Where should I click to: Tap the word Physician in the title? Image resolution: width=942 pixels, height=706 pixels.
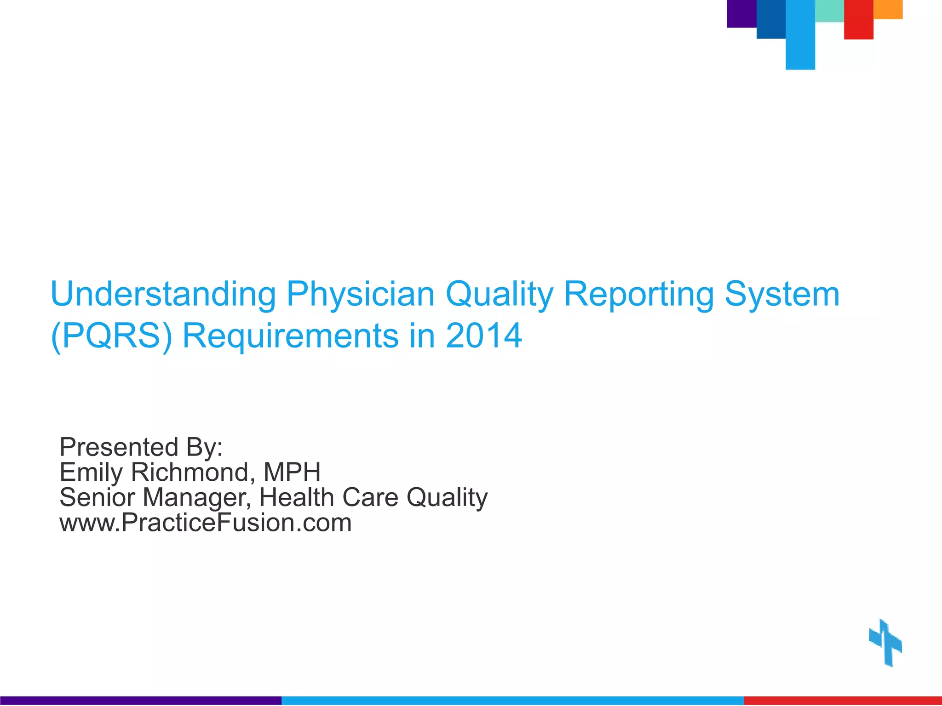coord(360,295)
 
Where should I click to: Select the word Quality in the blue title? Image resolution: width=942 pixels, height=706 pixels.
coord(499,295)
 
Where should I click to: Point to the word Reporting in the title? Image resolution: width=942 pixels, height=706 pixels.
coord(639,295)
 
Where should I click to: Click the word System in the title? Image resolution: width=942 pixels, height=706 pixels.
coord(782,294)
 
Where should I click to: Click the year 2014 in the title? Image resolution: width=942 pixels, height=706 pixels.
coord(483,336)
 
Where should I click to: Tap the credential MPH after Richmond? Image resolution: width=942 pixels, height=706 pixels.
coord(292,472)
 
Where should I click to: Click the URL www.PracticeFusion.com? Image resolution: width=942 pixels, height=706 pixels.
coord(206,523)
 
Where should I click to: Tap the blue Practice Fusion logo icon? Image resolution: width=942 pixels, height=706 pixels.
coord(885,643)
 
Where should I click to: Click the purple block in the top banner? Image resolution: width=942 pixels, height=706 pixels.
coord(741,13)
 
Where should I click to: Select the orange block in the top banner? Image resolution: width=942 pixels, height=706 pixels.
coord(888,9)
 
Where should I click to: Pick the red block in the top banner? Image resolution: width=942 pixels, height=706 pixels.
coord(858,19)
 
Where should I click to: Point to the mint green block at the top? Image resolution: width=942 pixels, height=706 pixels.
coord(829,11)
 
